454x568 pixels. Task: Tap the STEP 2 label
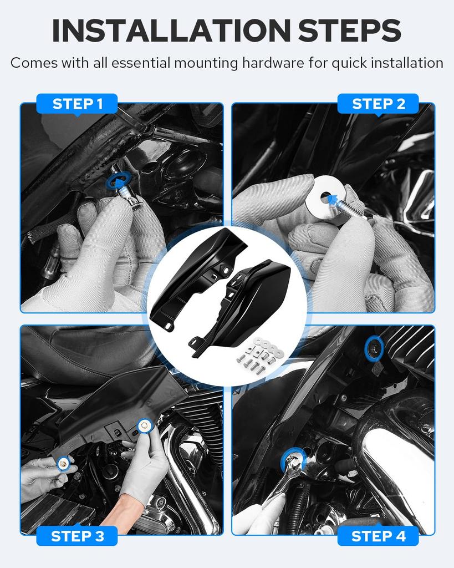click(x=378, y=104)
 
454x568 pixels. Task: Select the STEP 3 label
click(x=76, y=536)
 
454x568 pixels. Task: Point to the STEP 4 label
click(x=378, y=536)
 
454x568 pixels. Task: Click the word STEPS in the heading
click(x=350, y=31)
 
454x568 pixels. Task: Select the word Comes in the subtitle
click(x=34, y=63)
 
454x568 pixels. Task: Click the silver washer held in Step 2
click(x=325, y=199)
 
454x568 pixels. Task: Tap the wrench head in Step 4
click(x=293, y=463)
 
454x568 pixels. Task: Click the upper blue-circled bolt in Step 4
click(x=374, y=348)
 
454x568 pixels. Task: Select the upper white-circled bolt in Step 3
click(x=145, y=425)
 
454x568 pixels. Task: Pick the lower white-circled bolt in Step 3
click(x=64, y=463)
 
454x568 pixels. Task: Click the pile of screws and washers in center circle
click(x=259, y=354)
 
